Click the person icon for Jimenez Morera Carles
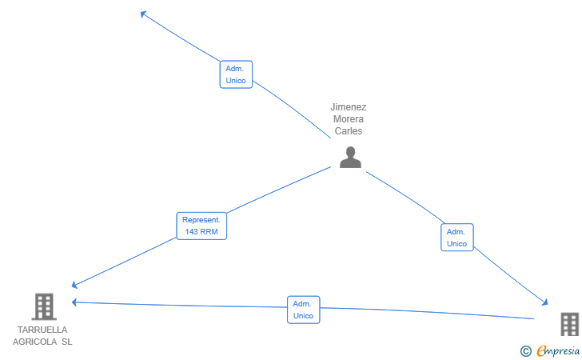pos(350,157)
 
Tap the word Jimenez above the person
pos(349,107)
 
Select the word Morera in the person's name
pos(349,119)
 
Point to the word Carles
pos(349,130)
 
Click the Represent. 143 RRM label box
pos(201,226)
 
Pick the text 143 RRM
pos(201,232)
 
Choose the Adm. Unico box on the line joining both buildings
pos(303,310)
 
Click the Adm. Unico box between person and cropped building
pos(457,238)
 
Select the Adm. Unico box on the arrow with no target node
pos(236,74)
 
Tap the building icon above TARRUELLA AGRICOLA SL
pos(44,306)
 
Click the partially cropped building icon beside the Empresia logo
pos(570,324)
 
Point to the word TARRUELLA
pos(42,330)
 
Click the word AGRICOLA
pos(35,342)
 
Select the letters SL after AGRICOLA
pos(67,342)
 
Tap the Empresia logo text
pos(558,350)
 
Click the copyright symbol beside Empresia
pos(525,351)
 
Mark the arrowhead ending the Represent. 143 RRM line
pos(74,285)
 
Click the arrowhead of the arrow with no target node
pos(143,14)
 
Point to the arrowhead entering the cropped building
pos(545,302)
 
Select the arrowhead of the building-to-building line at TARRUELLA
pos(74,302)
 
